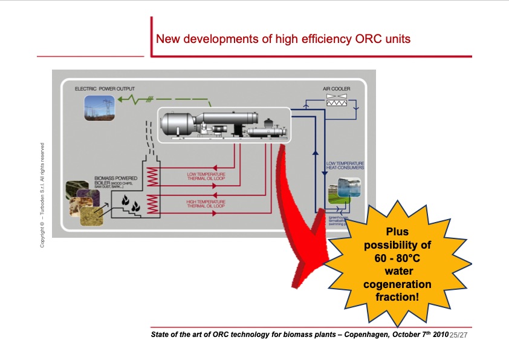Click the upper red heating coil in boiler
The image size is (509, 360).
[x=153, y=177]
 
